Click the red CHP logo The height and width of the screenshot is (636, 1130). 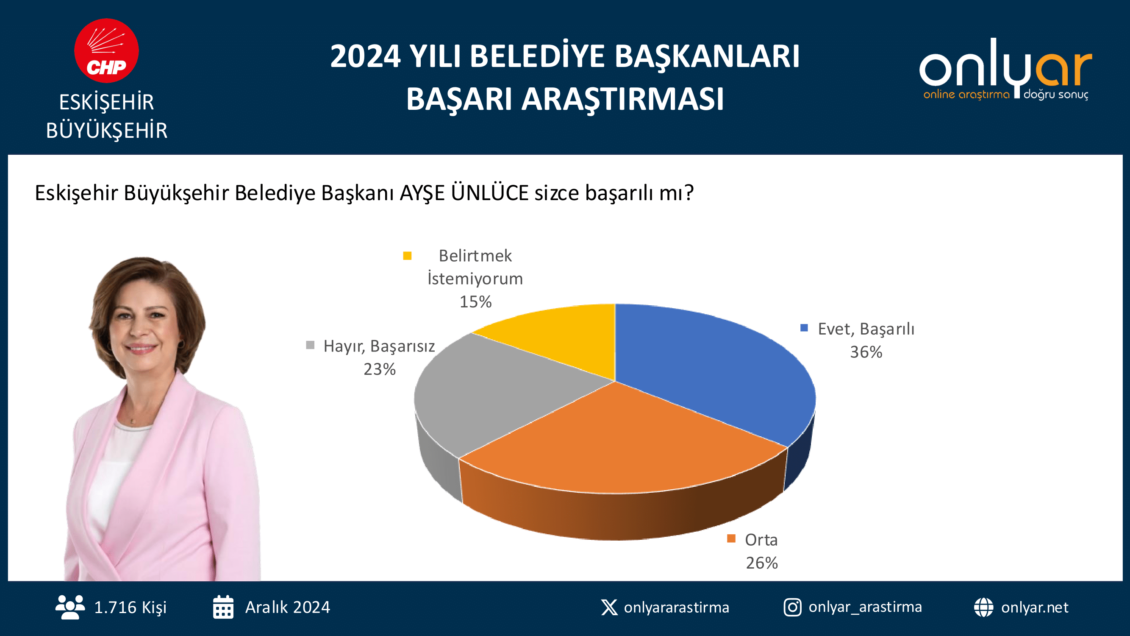[x=107, y=50]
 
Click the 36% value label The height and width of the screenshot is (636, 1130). [x=866, y=352]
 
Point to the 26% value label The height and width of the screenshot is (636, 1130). [x=762, y=563]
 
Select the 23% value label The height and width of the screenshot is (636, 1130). [x=380, y=369]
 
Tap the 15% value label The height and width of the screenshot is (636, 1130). [x=475, y=302]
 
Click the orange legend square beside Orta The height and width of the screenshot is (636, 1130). [x=731, y=538]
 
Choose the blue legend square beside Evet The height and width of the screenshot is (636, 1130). [x=804, y=328]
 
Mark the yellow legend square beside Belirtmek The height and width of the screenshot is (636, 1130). [x=407, y=255]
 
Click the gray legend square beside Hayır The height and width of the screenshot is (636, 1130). [x=310, y=345]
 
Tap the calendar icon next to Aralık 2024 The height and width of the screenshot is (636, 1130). [x=223, y=607]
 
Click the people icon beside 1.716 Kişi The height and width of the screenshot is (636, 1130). [x=70, y=607]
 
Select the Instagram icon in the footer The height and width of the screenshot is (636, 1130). [x=793, y=608]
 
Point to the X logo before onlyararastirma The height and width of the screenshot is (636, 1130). [x=609, y=608]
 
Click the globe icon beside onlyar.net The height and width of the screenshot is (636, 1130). [x=984, y=608]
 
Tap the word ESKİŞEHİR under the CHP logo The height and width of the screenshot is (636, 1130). [x=107, y=103]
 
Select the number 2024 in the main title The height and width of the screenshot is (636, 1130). [x=365, y=57]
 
